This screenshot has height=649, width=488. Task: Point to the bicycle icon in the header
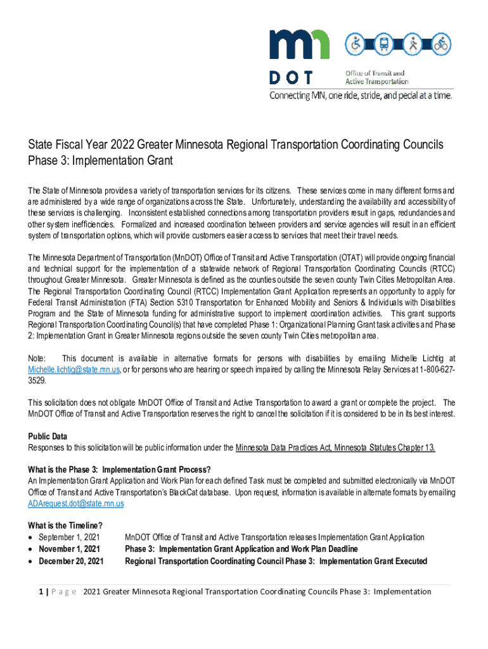tap(441, 44)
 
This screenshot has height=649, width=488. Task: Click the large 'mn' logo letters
tap(299, 45)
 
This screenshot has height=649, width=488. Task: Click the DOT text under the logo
tap(291, 78)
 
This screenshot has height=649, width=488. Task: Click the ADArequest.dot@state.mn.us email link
tap(76, 503)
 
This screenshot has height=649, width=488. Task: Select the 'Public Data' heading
tap(48, 437)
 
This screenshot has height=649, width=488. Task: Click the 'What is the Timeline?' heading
tap(65, 525)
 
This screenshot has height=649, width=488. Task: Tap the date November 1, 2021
tap(69, 549)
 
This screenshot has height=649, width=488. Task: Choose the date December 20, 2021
tap(70, 561)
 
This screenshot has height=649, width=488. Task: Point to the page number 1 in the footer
tap(41, 592)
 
